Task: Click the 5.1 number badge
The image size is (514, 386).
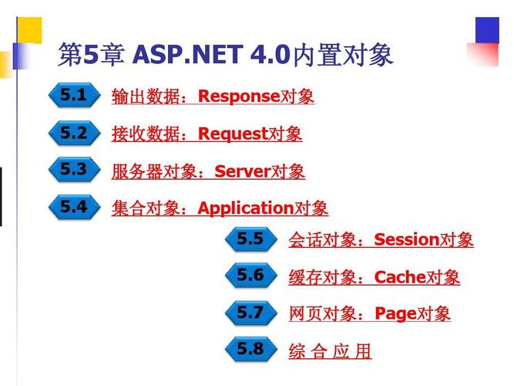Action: point(75,96)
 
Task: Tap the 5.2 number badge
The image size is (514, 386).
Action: point(75,134)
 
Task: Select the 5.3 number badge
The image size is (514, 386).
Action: point(75,170)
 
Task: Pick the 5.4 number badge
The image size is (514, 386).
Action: point(75,207)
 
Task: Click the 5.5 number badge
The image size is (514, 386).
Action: point(251,240)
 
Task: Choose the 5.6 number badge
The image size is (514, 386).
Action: point(251,276)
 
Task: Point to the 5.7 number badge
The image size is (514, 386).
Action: point(251,313)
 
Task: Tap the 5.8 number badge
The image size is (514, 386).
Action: point(251,350)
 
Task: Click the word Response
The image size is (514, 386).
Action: point(238,96)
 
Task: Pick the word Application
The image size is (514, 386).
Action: point(246,208)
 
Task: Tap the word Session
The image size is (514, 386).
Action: point(406,240)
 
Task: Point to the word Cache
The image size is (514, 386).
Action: point(400,277)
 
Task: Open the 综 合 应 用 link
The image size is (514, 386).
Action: point(330,352)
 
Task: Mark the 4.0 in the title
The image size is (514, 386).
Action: point(269,56)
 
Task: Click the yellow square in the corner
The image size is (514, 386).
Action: point(30,30)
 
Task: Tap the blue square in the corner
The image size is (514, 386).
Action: point(487,30)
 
